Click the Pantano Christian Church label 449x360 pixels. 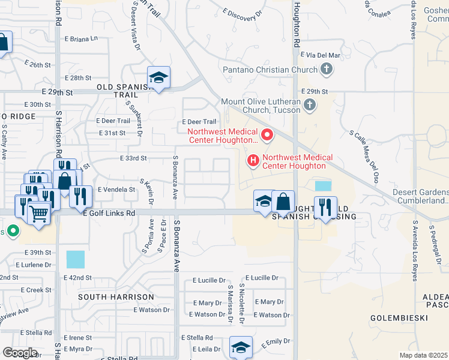click(x=270, y=70)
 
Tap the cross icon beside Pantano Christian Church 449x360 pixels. click(x=326, y=70)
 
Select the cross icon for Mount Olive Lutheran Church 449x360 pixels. click(x=309, y=106)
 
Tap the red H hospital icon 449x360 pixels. click(x=253, y=160)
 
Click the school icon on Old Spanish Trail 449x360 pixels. click(x=158, y=78)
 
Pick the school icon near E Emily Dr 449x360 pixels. click(x=241, y=347)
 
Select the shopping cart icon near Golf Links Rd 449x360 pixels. click(x=39, y=212)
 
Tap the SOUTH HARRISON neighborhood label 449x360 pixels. click(x=116, y=297)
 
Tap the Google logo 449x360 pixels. click(x=20, y=353)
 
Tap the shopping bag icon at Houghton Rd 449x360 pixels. click(x=283, y=202)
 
